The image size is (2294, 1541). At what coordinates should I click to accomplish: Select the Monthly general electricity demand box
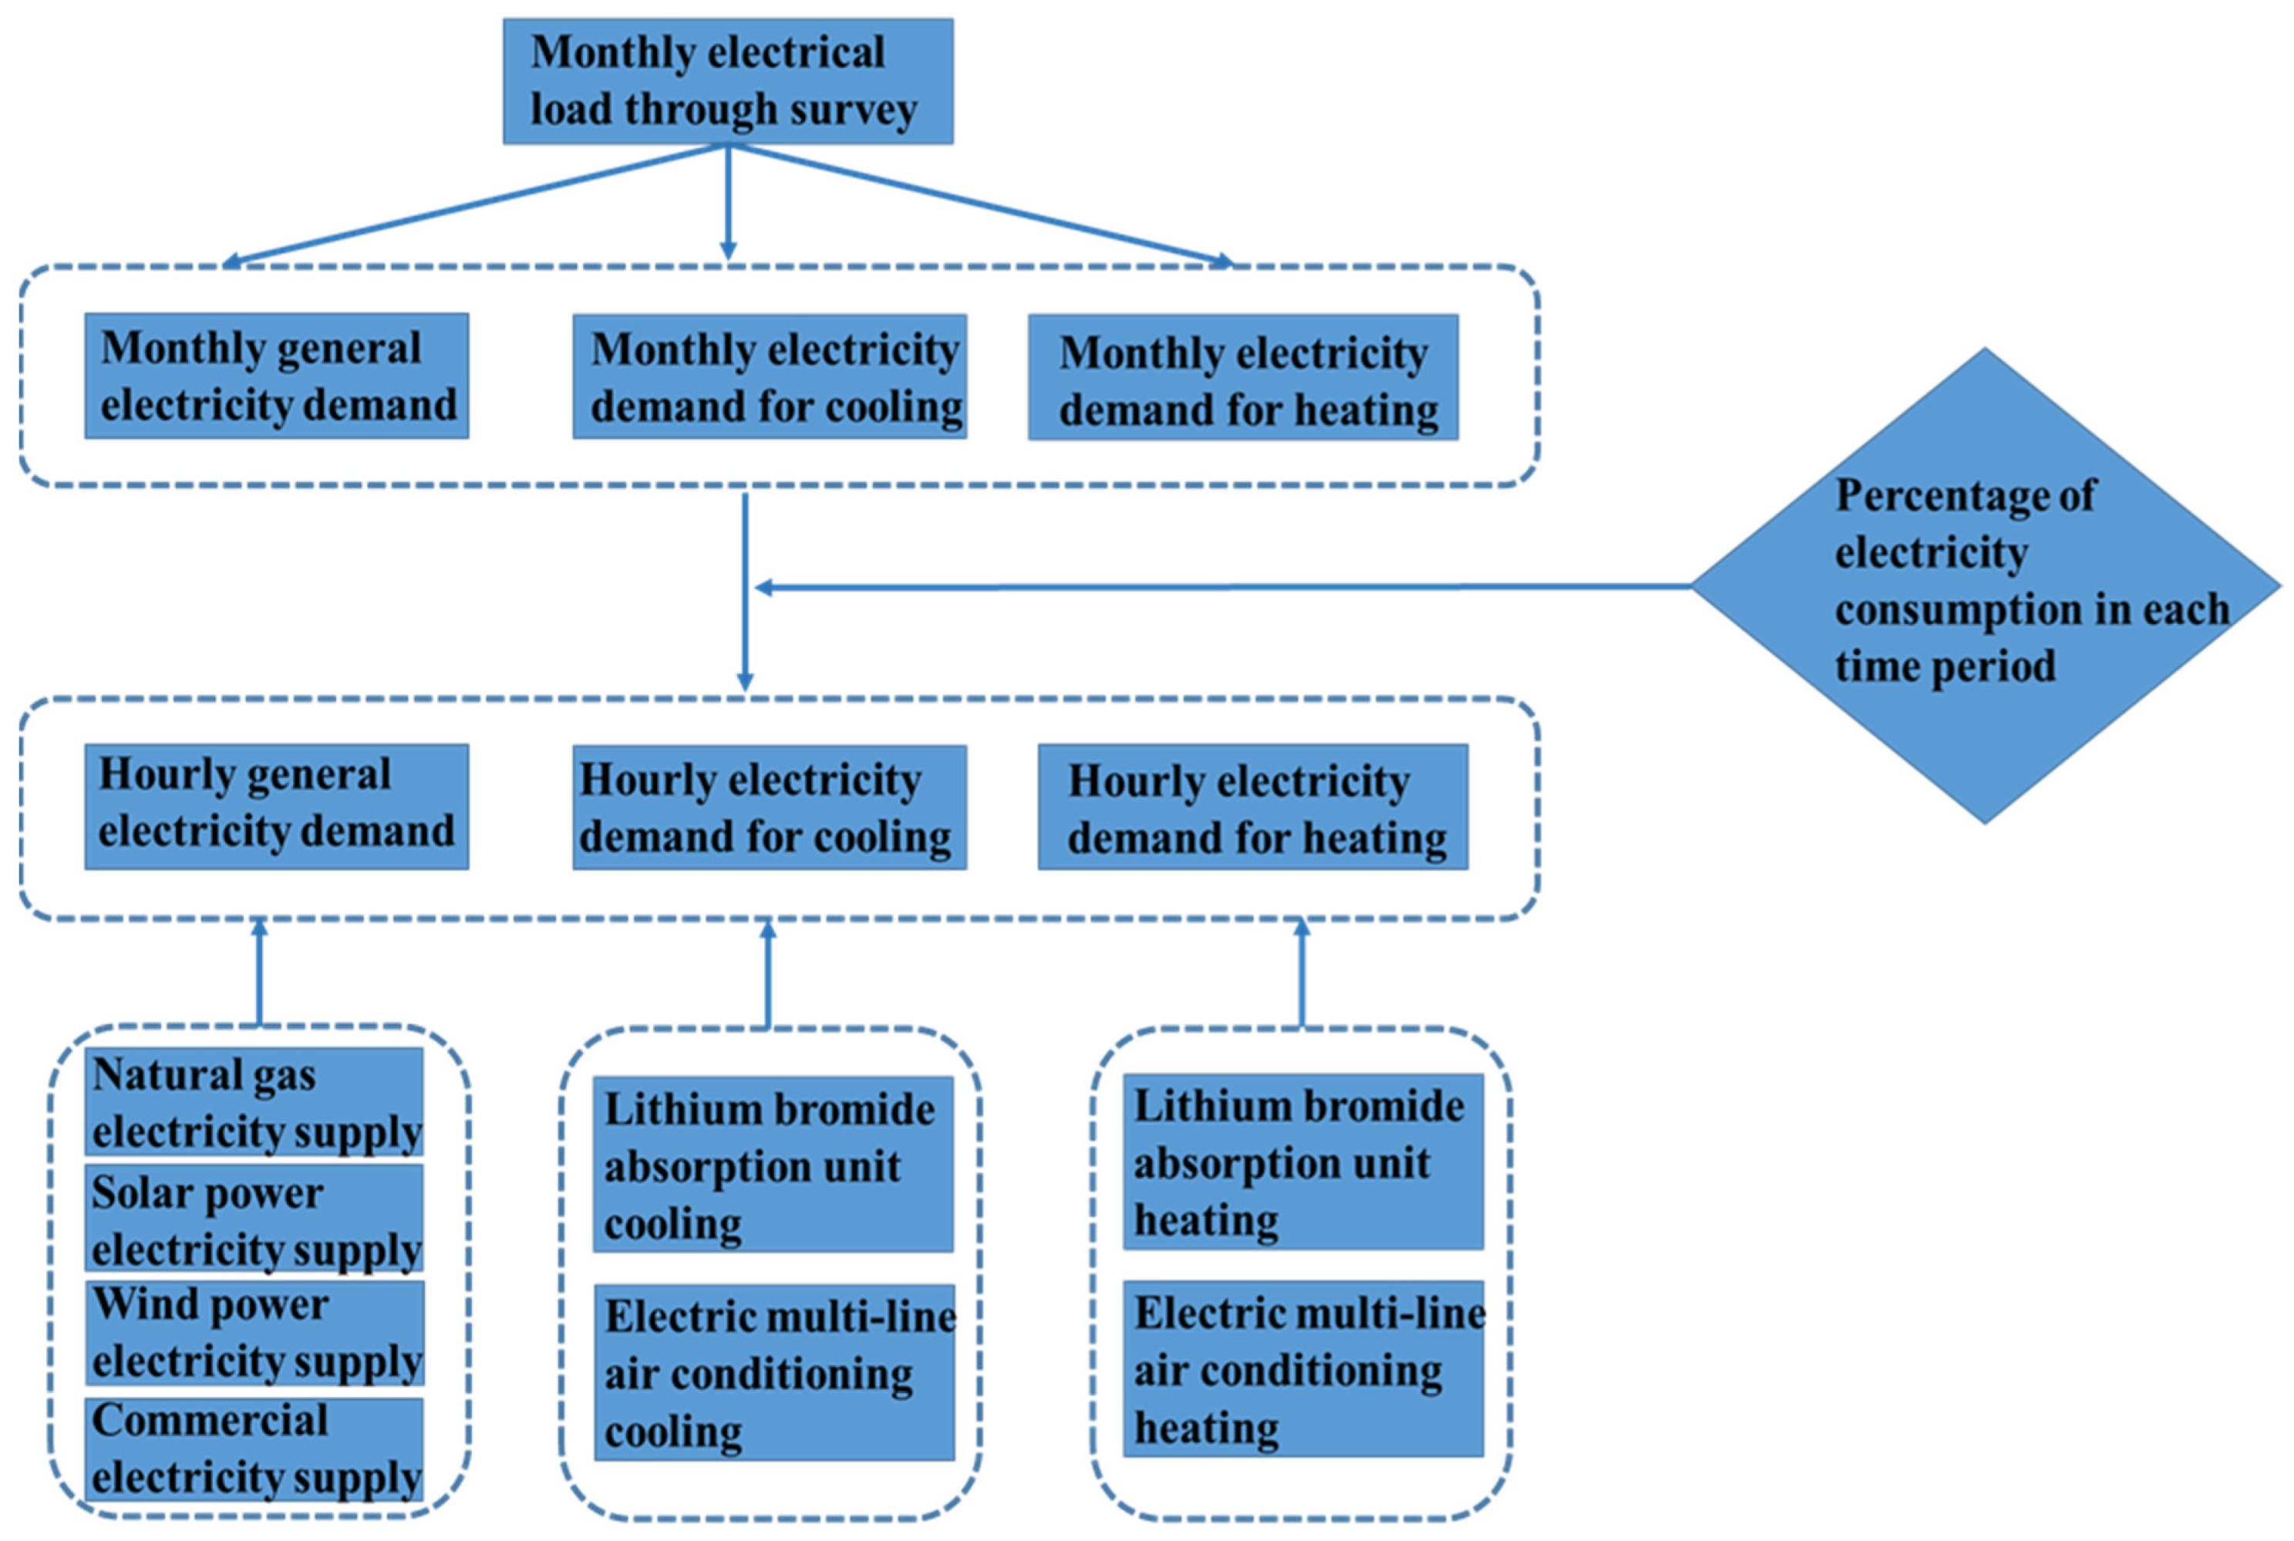(x=276, y=376)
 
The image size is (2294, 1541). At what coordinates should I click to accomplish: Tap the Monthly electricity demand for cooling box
(x=770, y=376)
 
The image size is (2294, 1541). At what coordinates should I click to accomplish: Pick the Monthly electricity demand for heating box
(x=1243, y=377)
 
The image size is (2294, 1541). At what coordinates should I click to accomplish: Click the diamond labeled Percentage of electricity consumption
(x=1985, y=585)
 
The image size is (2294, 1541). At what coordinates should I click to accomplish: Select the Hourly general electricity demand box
(x=276, y=807)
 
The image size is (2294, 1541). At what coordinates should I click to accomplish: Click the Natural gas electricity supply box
(x=254, y=1101)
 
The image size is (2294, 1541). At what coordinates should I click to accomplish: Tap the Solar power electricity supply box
(x=254, y=1219)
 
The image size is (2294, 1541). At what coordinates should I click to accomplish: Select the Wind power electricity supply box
(x=254, y=1333)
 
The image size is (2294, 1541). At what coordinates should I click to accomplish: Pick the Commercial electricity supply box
(x=254, y=1449)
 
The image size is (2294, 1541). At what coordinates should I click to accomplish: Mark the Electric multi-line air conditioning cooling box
(x=774, y=1372)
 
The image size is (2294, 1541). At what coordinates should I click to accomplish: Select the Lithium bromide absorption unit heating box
(x=1302, y=1162)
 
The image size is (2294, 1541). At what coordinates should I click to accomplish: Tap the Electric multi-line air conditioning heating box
(x=1302, y=1369)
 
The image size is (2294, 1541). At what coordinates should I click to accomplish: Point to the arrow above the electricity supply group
(x=259, y=973)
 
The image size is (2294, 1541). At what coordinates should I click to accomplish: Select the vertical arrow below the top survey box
(x=728, y=201)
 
